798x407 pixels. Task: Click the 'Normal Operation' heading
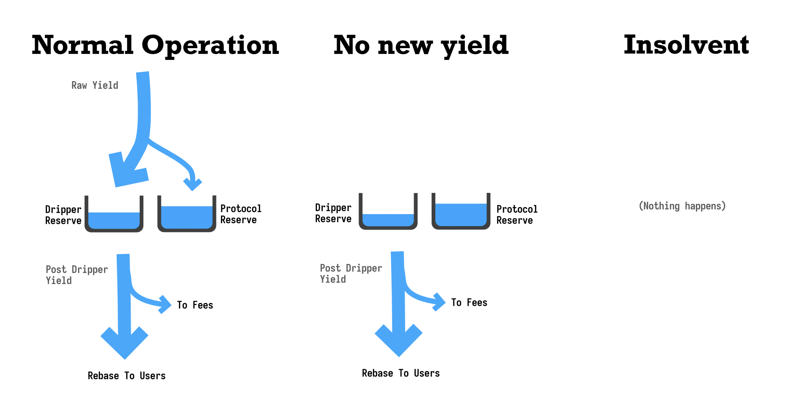coord(155,45)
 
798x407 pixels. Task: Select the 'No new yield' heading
coord(421,46)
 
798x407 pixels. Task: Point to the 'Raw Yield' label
coord(95,85)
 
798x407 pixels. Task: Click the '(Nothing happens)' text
coord(682,206)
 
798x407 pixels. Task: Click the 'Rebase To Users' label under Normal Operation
coord(127,376)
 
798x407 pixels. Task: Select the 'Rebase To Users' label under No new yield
coord(401,373)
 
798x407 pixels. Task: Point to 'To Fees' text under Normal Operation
coord(195,305)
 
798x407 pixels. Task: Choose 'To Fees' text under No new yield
coord(469,303)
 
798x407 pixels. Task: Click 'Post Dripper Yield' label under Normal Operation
coord(77,275)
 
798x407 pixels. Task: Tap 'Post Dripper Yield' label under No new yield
coord(351,274)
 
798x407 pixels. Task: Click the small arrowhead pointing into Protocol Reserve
coord(193,184)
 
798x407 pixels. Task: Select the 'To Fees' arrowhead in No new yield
coord(439,302)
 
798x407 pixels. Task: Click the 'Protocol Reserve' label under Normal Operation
coord(241,214)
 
